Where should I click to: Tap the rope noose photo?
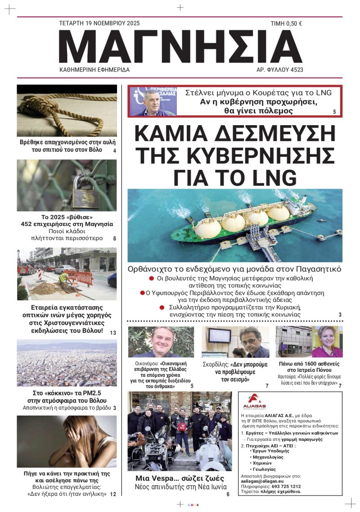[67, 110]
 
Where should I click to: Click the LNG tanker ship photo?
[234, 225]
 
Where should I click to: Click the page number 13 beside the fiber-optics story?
[112, 333]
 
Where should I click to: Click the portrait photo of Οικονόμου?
[161, 342]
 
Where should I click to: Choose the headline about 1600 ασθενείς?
[309, 367]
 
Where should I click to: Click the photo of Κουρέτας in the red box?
[153, 101]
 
